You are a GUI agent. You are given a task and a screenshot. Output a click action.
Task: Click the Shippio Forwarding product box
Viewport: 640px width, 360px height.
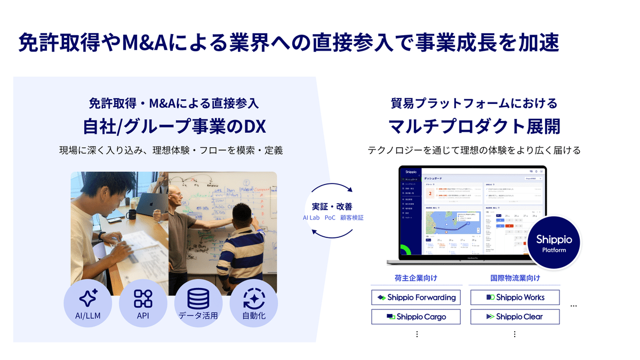(x=416, y=297)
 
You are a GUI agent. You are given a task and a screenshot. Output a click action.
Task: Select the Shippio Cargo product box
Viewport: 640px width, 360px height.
(x=416, y=316)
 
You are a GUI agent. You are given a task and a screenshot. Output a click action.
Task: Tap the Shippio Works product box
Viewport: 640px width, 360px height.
(x=515, y=297)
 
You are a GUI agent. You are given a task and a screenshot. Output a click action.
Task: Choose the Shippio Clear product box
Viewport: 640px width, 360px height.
(x=515, y=316)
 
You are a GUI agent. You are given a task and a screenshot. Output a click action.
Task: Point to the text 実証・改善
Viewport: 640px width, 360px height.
(x=332, y=206)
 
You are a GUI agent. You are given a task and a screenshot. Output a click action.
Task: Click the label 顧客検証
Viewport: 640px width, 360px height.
(x=351, y=218)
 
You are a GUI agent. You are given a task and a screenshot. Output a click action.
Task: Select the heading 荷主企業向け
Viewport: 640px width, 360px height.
(x=416, y=278)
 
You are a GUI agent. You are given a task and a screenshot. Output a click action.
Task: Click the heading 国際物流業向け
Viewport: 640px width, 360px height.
(x=515, y=278)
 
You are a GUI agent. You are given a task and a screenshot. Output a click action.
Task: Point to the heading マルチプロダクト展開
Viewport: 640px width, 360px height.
(x=474, y=126)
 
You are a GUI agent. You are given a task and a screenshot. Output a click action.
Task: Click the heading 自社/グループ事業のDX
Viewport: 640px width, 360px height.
(x=174, y=126)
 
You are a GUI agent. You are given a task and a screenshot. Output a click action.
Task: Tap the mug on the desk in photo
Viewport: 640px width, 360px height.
(x=132, y=214)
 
